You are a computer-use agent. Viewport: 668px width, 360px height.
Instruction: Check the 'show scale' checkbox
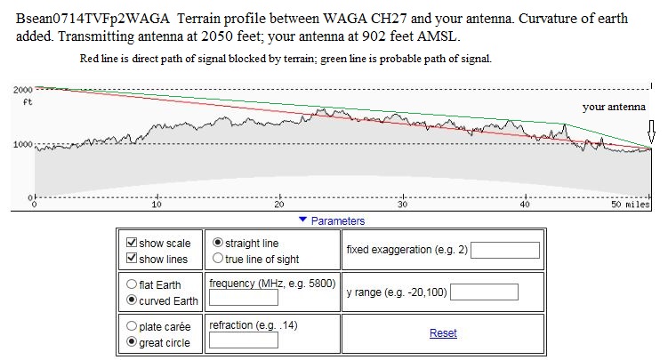click(133, 243)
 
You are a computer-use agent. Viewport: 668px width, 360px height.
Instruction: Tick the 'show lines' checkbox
click(133, 259)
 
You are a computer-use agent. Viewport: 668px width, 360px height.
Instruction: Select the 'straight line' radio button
click(219, 243)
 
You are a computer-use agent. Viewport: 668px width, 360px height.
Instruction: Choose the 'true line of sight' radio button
click(219, 259)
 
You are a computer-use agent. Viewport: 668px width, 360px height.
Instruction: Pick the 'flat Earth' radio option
click(133, 284)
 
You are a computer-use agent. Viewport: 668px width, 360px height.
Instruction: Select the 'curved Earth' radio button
click(133, 300)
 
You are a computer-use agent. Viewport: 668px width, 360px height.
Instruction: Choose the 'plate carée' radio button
click(133, 326)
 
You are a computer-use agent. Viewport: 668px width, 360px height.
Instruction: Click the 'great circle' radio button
click(133, 342)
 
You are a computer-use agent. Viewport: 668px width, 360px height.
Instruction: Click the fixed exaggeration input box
click(505, 250)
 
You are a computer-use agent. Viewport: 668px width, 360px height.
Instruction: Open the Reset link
click(443, 333)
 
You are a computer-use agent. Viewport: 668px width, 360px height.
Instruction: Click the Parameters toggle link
click(332, 220)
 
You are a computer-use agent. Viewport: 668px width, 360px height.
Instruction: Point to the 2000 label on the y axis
click(22, 90)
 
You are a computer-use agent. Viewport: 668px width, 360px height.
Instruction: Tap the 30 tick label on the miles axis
click(403, 205)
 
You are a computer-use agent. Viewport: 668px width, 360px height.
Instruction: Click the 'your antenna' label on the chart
click(614, 107)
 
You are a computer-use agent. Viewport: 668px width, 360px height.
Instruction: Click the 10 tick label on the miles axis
click(157, 205)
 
